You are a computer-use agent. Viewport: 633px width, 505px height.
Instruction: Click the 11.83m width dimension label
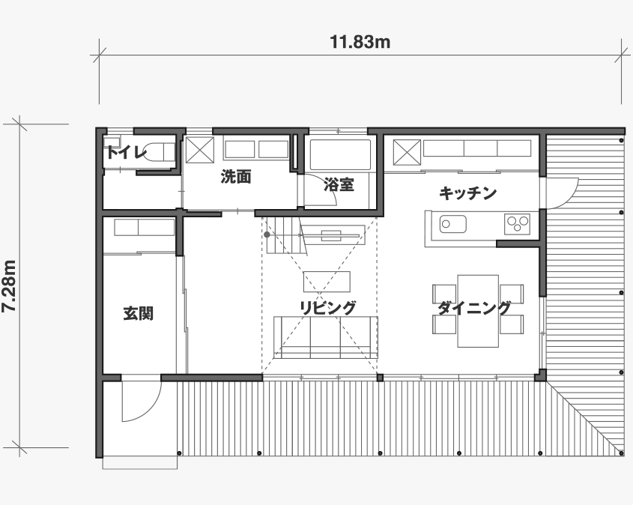pos(360,42)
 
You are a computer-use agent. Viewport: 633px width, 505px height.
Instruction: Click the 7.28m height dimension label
pos(9,285)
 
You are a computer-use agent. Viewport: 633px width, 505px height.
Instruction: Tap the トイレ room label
pos(126,153)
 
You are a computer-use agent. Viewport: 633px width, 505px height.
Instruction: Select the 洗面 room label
pos(236,177)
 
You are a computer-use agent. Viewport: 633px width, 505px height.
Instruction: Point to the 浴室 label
pos(339,184)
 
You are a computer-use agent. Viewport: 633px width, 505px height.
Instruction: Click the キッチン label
pos(468,193)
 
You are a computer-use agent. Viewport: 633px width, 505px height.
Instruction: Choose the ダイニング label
pos(474,308)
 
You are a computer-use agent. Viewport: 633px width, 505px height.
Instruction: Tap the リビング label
pos(327,308)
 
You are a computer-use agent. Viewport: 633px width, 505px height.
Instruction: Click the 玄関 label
pos(139,313)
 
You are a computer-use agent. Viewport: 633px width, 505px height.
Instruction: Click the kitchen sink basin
pos(453,224)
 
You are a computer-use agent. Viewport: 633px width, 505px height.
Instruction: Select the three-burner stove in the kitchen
pos(517,223)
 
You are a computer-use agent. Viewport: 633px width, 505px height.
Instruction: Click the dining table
pos(478,311)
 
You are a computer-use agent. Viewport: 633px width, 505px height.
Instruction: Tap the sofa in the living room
pos(325,337)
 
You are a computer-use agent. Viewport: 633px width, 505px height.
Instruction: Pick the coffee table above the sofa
pos(327,282)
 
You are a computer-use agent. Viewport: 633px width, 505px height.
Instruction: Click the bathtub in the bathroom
pos(340,155)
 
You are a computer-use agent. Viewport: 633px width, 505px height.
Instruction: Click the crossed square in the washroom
pos(199,150)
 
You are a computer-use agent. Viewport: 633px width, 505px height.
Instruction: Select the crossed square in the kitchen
pos(407,152)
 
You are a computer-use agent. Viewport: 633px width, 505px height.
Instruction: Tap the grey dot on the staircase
pos(267,235)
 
